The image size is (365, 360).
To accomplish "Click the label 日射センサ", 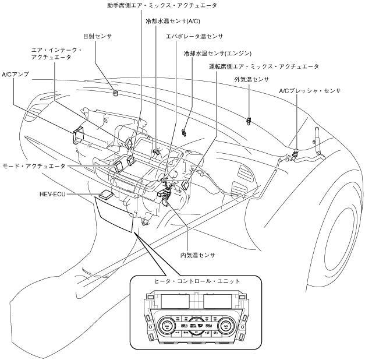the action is [x=98, y=36].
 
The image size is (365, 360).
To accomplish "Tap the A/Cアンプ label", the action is [x=16, y=75].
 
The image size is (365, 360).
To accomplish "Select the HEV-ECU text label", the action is [x=52, y=194].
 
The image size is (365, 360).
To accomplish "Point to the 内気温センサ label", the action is [x=197, y=255].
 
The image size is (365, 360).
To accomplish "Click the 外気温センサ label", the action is [x=251, y=79].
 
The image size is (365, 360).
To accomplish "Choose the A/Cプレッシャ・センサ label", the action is [x=310, y=91].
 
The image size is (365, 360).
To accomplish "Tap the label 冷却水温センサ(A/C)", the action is [x=173, y=21].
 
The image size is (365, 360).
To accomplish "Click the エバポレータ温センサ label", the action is [x=194, y=36].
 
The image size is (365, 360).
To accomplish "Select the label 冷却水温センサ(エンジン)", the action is [x=218, y=54].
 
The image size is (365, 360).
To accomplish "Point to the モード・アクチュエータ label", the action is [x=34, y=166].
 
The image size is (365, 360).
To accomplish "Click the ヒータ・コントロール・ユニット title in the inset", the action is [x=197, y=281].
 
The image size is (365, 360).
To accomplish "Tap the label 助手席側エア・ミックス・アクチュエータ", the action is [x=162, y=5].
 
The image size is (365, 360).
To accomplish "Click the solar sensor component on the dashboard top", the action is [x=116, y=93].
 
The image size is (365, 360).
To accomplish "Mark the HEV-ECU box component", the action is [x=106, y=195].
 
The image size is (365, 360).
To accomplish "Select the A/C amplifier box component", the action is [x=78, y=135].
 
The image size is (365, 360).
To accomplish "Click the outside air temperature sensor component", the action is [x=249, y=121].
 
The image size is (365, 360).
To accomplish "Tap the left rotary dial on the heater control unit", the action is [x=166, y=326].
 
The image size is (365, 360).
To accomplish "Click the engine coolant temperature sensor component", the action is [x=184, y=132].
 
